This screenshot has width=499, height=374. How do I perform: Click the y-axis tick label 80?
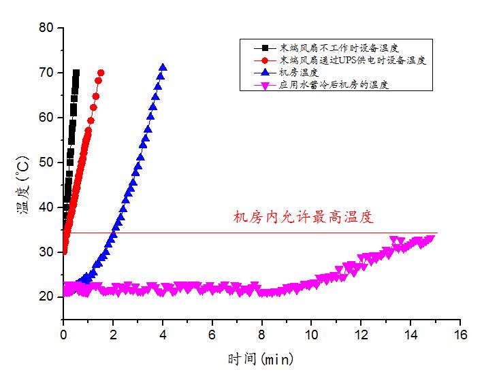[46, 28]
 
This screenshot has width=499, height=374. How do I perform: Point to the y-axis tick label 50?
[46, 163]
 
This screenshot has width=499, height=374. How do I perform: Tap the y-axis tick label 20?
[46, 296]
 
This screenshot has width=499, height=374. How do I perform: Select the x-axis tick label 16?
[460, 335]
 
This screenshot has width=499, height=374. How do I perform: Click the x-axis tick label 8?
[261, 335]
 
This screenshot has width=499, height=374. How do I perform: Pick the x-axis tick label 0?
[63, 335]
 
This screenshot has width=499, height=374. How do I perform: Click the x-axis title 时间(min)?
[261, 357]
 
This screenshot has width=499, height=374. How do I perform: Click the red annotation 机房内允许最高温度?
[304, 218]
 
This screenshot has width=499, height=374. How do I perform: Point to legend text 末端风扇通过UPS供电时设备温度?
[353, 61]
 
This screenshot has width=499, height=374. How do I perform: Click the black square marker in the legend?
[263, 48]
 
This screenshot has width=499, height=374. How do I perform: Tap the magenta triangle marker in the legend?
[263, 85]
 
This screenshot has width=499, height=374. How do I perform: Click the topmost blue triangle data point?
[163, 67]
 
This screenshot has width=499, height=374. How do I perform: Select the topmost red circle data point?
[101, 73]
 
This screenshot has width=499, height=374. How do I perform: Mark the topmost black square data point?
[76, 73]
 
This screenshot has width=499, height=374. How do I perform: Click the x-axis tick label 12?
[361, 335]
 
